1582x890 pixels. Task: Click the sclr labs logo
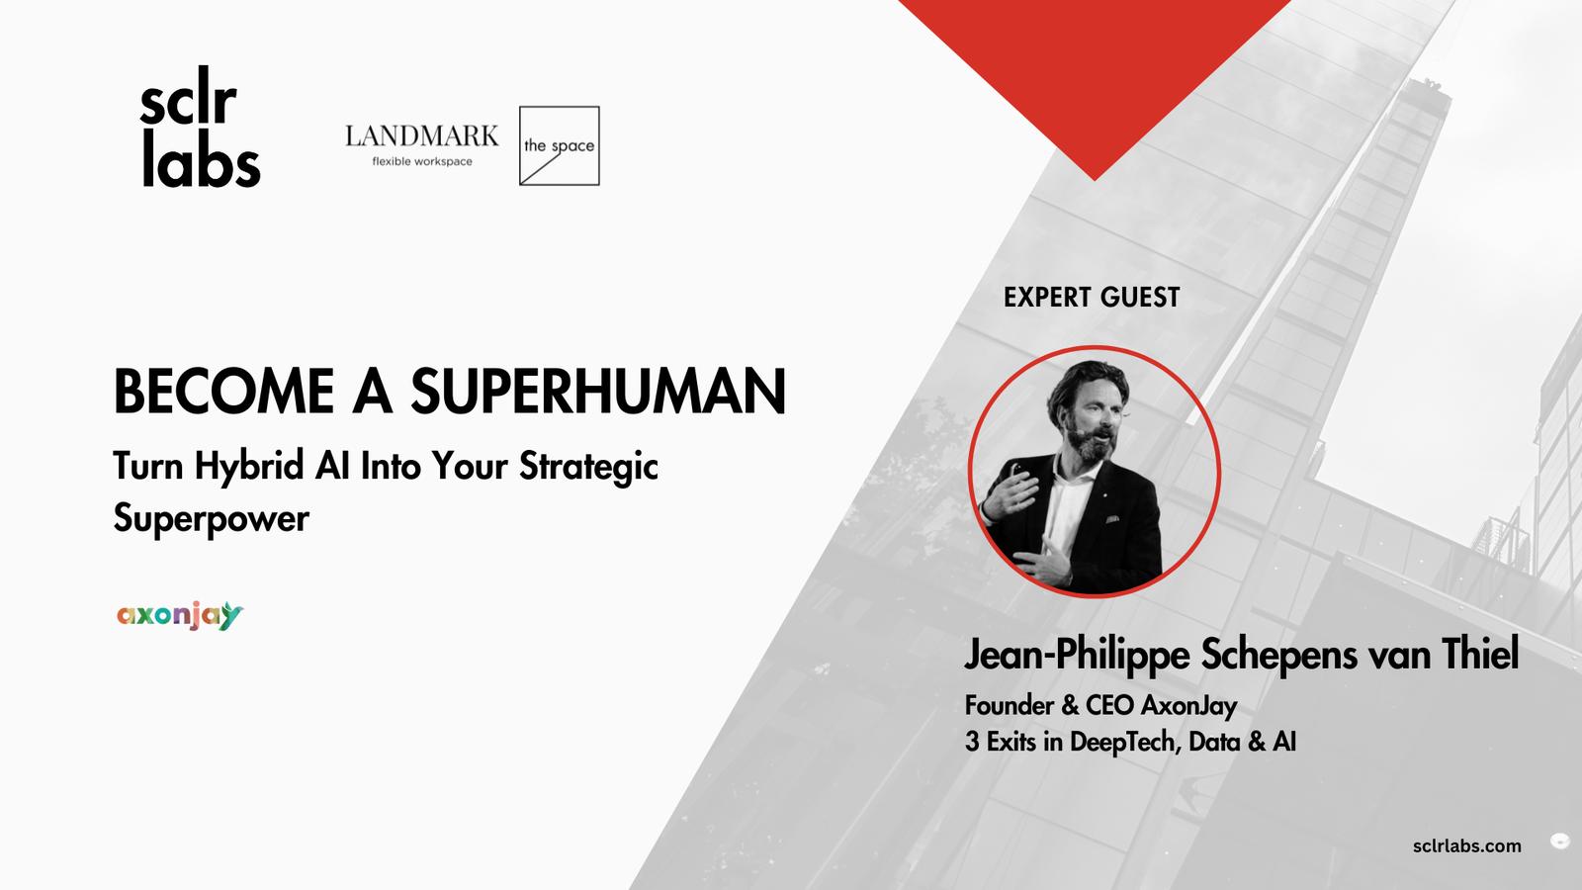[200, 128]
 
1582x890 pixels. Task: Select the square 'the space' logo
[560, 146]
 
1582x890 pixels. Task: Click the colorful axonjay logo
[180, 616]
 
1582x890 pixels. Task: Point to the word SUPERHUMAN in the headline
[598, 392]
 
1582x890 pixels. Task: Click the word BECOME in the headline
[223, 392]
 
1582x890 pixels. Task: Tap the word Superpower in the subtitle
[212, 519]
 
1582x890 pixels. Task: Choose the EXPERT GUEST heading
[1092, 298]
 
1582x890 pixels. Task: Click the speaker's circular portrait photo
[1094, 471]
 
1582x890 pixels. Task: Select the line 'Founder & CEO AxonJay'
[1101, 706]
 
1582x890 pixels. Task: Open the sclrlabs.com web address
[1467, 846]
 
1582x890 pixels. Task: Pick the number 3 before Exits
[972, 743]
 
